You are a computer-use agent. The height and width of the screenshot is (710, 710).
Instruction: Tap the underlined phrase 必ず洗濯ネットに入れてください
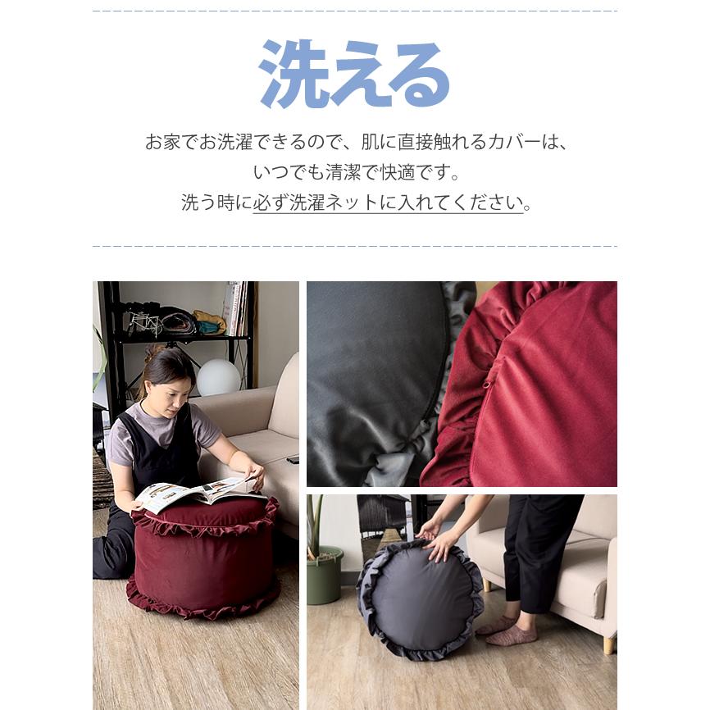(x=388, y=203)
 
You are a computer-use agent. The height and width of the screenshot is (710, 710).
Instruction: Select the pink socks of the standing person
(x=508, y=630)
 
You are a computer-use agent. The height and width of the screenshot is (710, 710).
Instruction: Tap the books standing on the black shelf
(x=235, y=308)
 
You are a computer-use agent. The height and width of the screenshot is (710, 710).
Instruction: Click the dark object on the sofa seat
(x=292, y=460)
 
